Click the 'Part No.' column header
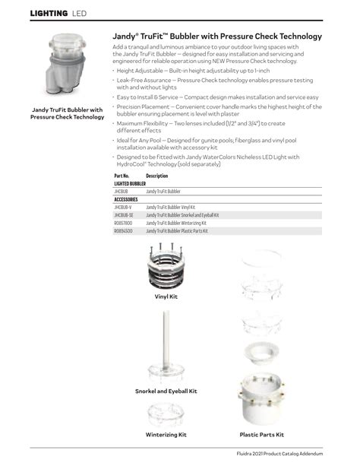coord(122,176)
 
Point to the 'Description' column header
coord(156,176)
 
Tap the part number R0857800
coord(123,223)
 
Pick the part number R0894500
coord(123,230)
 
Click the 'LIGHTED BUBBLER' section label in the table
coord(130,184)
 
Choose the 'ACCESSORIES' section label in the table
coord(126,200)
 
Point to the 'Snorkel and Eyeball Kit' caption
coord(166,391)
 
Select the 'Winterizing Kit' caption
coord(166,435)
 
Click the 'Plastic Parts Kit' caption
coord(261,435)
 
